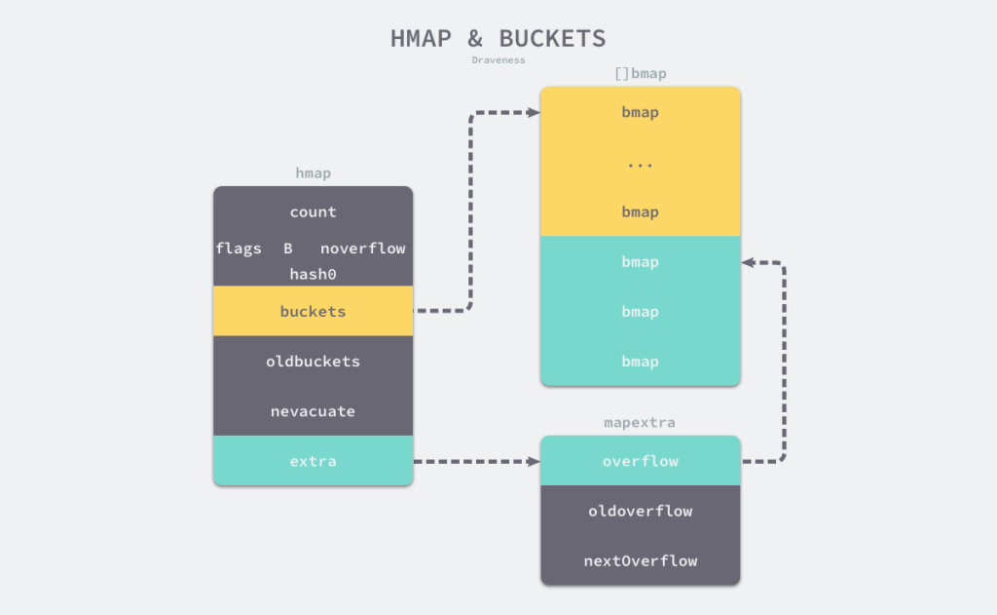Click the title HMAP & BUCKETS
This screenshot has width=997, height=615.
click(498, 39)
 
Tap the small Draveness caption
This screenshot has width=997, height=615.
click(498, 60)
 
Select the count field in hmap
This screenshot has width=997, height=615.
click(313, 211)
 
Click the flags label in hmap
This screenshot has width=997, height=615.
click(239, 249)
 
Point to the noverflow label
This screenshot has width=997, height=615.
click(362, 249)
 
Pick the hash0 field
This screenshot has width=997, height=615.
click(313, 275)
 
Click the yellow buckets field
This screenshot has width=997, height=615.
click(313, 312)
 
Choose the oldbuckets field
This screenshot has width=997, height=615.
click(313, 362)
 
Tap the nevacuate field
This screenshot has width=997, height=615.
click(313, 411)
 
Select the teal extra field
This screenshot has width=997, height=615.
click(313, 461)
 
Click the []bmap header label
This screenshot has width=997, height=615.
click(640, 74)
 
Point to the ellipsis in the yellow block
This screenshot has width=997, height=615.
click(640, 163)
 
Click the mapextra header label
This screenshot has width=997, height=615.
click(640, 423)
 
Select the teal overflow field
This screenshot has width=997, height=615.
click(640, 461)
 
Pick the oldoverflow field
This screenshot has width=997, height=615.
click(640, 511)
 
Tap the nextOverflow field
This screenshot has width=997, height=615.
click(640, 560)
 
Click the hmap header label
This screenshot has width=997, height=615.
click(313, 173)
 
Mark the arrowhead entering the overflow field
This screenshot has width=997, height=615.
click(534, 461)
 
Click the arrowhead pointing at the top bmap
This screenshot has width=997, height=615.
click(534, 112)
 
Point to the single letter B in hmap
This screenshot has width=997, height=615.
click(288, 249)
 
